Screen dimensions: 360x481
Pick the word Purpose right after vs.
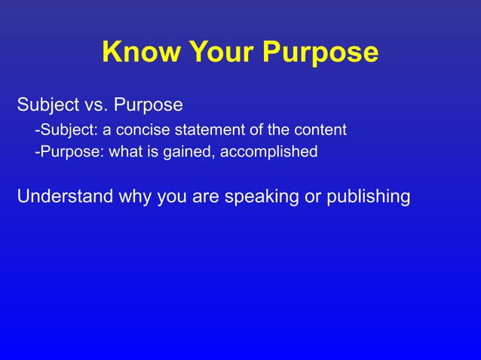148,103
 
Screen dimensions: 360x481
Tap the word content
321,130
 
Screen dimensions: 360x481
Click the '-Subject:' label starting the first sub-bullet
63,130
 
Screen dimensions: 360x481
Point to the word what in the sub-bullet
124,152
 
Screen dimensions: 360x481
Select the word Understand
64,197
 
